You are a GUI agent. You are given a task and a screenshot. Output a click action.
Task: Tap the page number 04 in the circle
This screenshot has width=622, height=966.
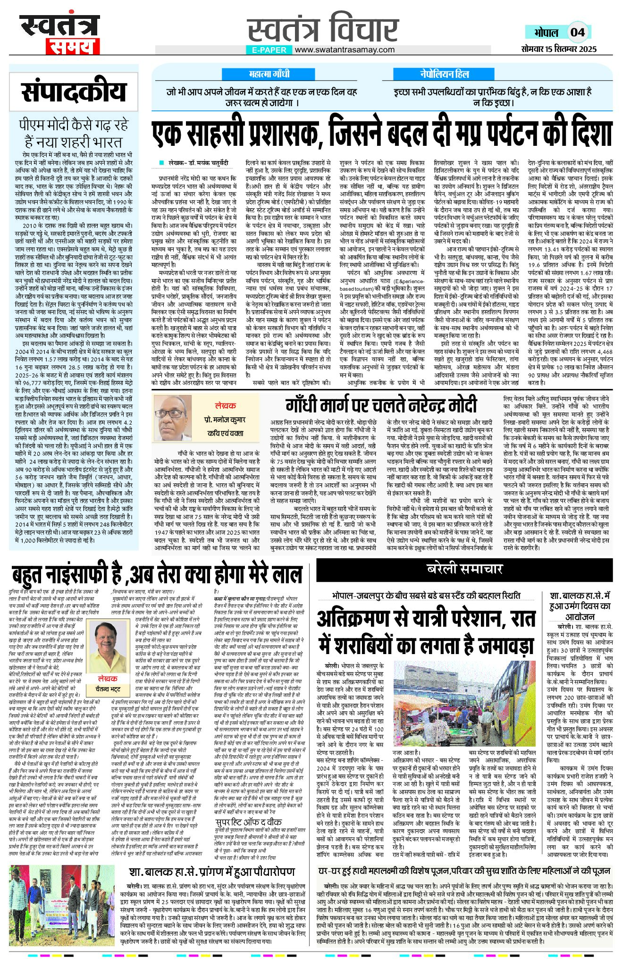tap(577, 33)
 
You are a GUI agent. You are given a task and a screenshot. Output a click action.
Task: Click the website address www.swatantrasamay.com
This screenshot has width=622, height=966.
tap(345, 50)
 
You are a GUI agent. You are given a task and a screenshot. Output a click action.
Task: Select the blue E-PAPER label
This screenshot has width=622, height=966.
tap(269, 50)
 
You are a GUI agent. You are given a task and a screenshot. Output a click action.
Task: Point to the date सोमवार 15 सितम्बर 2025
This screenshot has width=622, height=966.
tap(559, 49)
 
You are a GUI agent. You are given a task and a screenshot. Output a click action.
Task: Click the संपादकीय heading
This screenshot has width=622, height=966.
tap(74, 92)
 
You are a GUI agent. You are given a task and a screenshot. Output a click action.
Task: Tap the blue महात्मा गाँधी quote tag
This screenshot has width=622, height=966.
tap(269, 74)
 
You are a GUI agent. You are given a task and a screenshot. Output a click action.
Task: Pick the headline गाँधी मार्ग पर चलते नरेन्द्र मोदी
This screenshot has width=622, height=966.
tap(381, 406)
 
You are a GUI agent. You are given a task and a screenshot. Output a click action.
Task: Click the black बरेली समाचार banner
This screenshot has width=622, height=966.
tap(464, 569)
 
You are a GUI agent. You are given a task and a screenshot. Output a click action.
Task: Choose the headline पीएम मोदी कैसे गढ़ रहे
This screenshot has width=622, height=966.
tap(74, 125)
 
